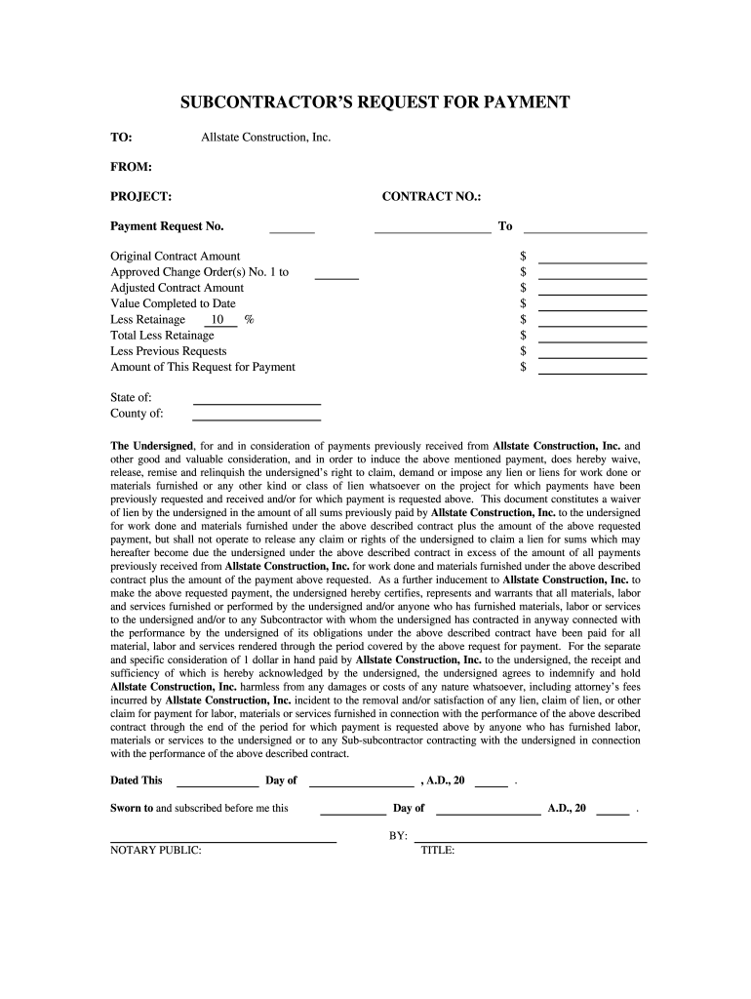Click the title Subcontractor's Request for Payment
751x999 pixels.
point(375,102)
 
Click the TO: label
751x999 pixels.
point(121,138)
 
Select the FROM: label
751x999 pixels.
point(131,167)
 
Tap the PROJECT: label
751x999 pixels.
point(140,197)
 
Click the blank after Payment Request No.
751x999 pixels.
point(292,230)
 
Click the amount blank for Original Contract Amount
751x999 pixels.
point(592,260)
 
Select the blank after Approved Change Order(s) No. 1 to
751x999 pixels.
point(336,277)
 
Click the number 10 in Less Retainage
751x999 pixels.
point(217,320)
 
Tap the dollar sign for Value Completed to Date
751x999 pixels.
point(524,303)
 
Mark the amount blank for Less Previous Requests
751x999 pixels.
point(592,355)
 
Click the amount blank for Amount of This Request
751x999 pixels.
point(592,371)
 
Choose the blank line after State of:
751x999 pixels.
point(257,401)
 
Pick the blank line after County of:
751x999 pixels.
point(257,417)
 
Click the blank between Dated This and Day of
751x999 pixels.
point(217,783)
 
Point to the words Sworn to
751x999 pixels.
point(132,808)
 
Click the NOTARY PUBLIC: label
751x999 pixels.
point(156,851)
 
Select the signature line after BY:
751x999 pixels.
point(531,839)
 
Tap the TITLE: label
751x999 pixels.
point(438,851)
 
